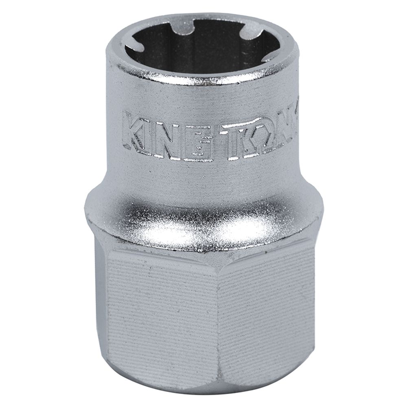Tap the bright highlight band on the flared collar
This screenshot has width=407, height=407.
203,228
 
